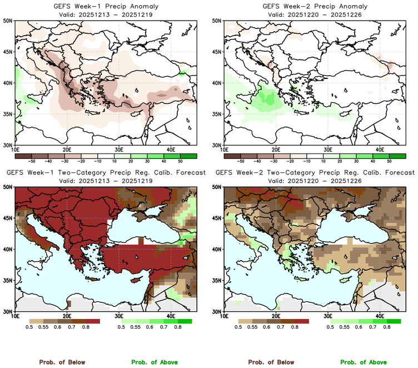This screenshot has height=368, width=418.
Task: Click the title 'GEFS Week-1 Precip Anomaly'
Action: click(x=104, y=6)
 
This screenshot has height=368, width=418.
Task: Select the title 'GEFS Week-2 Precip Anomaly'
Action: click(x=314, y=6)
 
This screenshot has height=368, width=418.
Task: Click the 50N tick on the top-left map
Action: click(x=7, y=21)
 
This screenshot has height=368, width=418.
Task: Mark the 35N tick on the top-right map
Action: click(x=216, y=114)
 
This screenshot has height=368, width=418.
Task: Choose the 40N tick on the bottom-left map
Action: click(x=7, y=249)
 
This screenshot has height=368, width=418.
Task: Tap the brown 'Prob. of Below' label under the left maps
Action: click(x=62, y=362)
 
